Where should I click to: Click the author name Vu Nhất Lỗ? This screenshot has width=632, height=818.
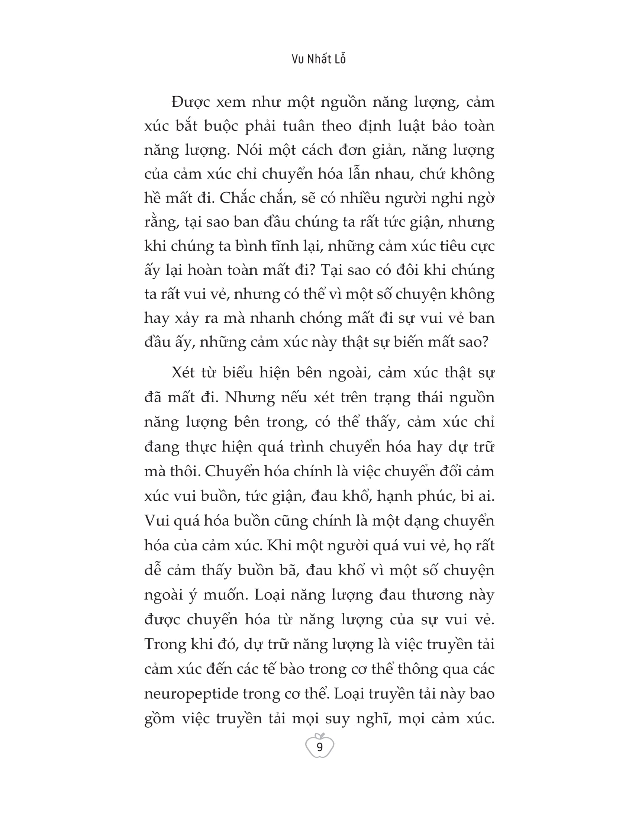pos(319,59)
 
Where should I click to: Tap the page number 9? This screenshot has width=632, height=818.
pos(319,747)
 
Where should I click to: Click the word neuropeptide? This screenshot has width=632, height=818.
pos(191,694)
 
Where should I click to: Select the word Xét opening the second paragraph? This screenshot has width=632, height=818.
pos(184,373)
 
